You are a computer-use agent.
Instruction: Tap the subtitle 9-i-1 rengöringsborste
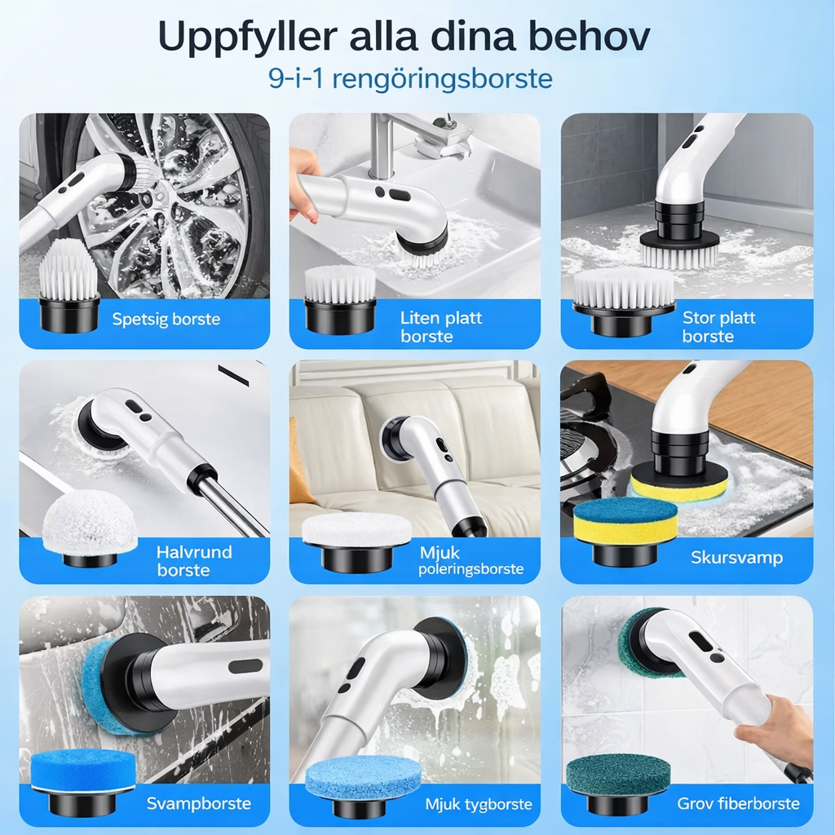pos(411,79)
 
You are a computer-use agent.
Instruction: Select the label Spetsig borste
pos(166,319)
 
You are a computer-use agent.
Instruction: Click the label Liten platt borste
pos(441,327)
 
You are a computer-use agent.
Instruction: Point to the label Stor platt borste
pos(718,327)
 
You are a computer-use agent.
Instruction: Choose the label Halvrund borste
pos(194,561)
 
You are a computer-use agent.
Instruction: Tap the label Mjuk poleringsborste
pos(471,560)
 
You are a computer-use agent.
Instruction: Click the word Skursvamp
pos(736,558)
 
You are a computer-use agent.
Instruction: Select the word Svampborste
pos(199,803)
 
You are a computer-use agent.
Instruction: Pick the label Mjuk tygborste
pos(478,804)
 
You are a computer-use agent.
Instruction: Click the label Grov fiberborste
pos(738,803)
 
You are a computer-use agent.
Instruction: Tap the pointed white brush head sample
pos(69,285)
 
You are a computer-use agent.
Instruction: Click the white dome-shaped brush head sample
pos(90,528)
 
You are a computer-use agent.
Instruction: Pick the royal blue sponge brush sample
pos(82,781)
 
